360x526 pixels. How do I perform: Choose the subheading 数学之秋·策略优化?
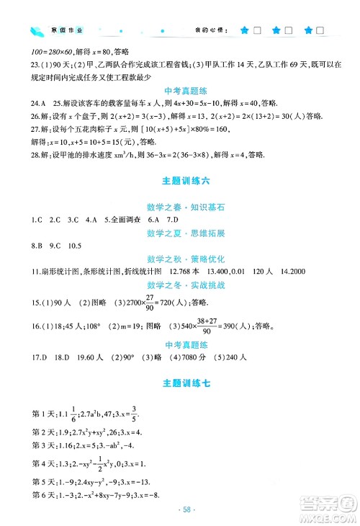coord(180,256)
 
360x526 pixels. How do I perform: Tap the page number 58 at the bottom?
coord(180,508)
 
